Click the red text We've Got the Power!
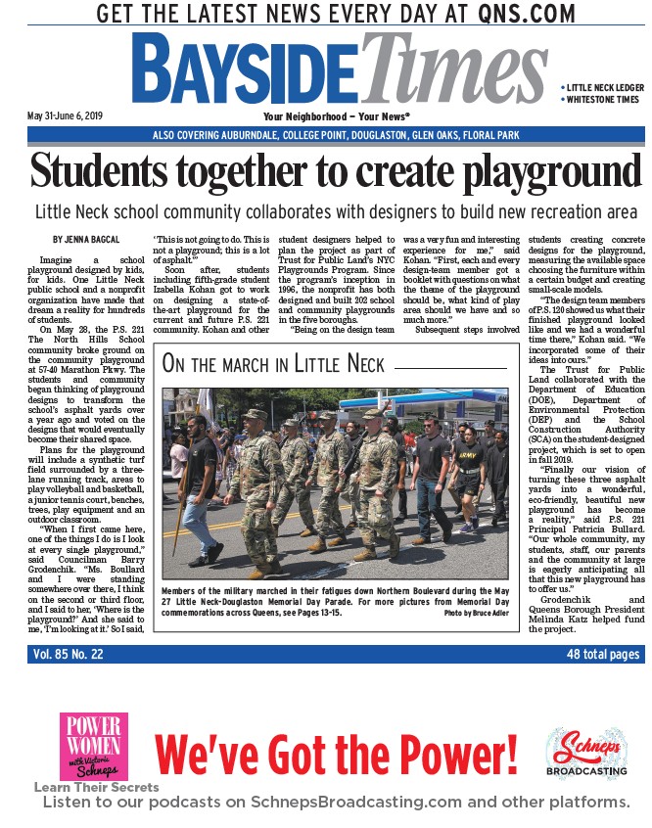click(x=336, y=756)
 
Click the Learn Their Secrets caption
click(x=96, y=787)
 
